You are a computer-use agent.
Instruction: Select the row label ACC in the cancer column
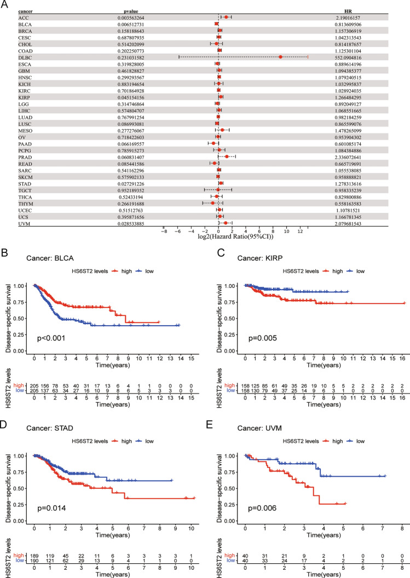click(x=22, y=18)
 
